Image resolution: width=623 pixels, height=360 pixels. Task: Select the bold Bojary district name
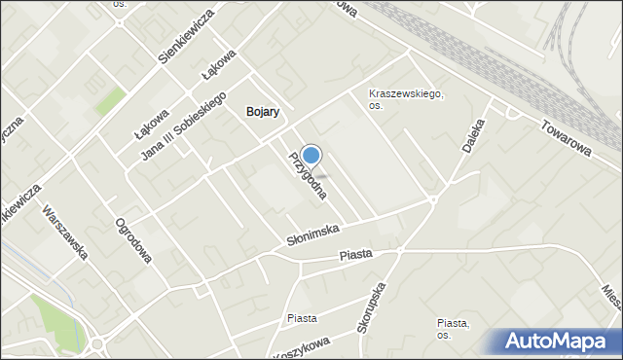263,112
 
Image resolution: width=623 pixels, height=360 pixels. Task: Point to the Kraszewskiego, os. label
406,99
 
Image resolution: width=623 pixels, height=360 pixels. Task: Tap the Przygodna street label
307,176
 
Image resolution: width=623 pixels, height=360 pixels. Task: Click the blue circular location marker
311,155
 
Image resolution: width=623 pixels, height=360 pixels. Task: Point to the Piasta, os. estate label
454,329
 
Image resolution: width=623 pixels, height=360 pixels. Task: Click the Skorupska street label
372,308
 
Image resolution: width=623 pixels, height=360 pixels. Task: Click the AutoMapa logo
559,342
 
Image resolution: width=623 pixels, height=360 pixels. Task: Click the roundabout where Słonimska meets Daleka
432,200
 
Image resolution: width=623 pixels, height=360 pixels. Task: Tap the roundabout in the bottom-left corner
96,344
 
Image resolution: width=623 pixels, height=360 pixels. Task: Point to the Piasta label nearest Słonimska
356,255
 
